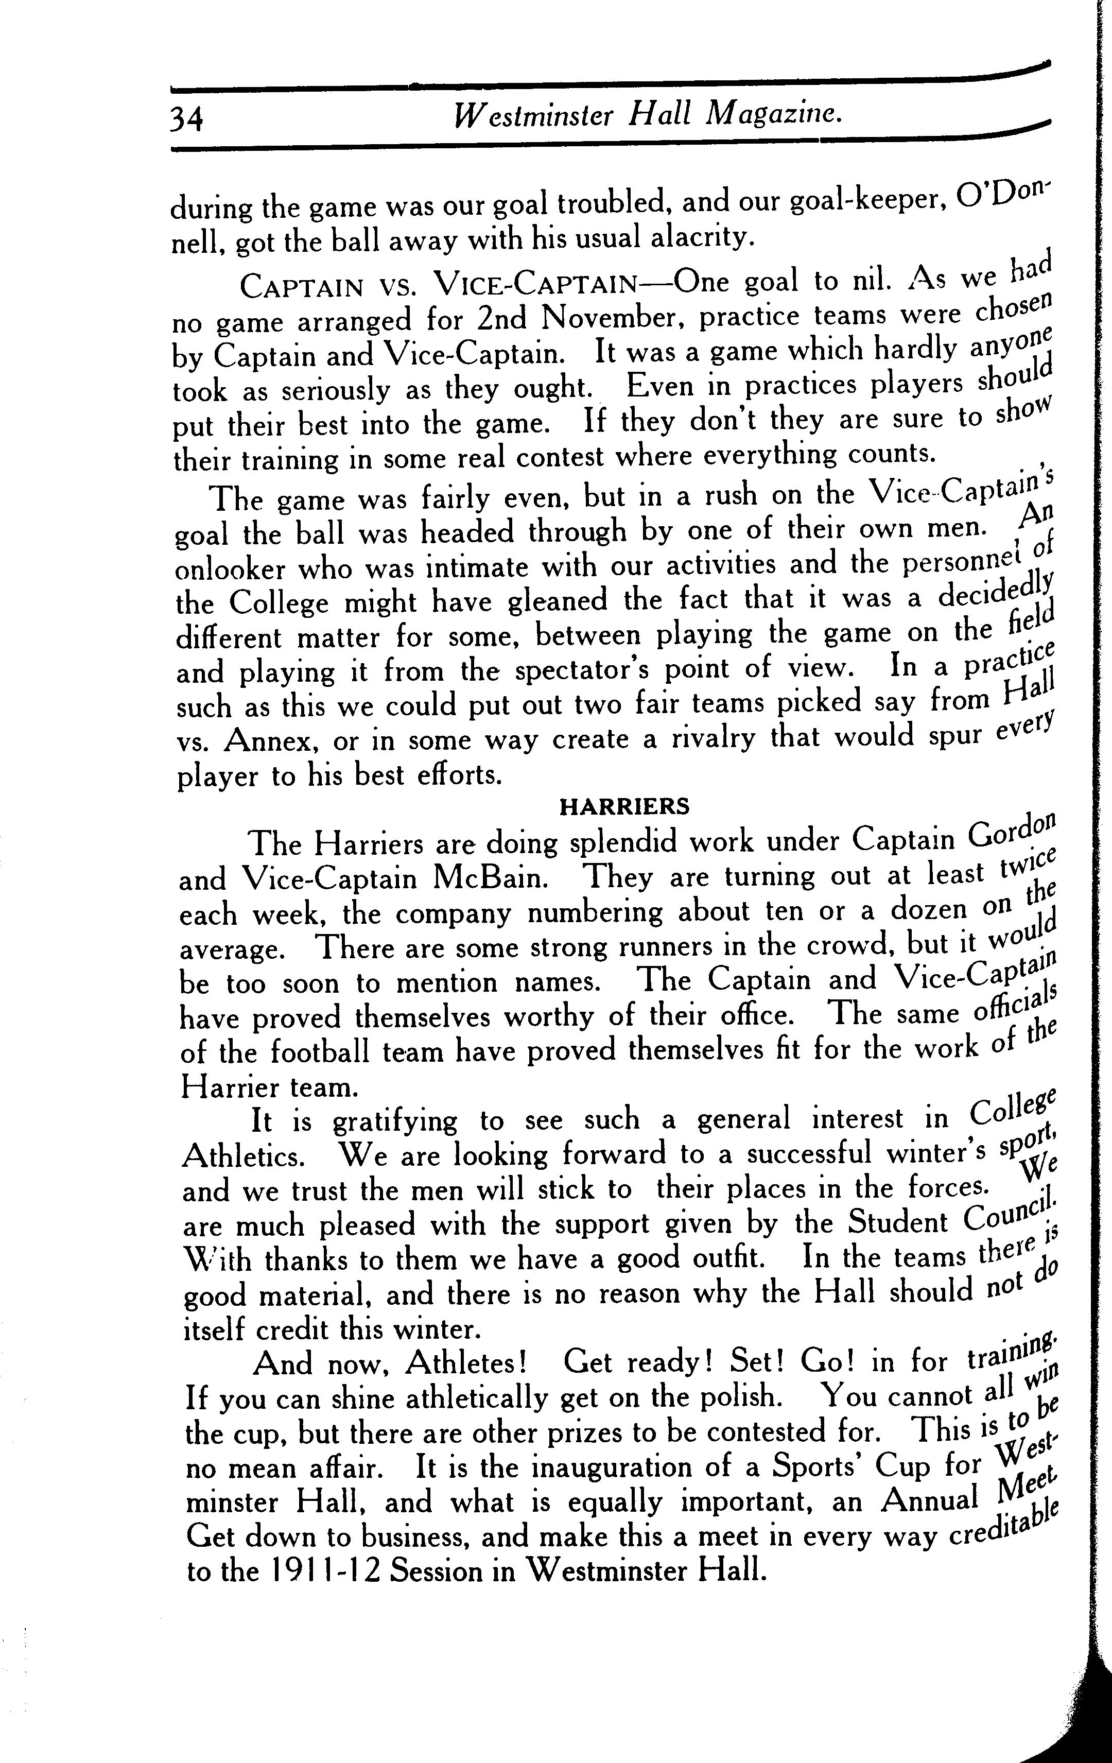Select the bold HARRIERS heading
click(x=624, y=807)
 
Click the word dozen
click(x=929, y=910)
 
